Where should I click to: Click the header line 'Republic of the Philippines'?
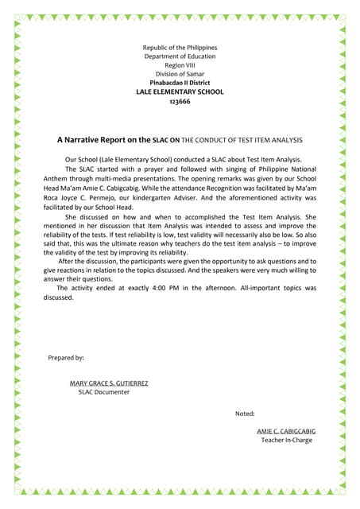(180, 48)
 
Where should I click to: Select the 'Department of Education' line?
(180, 56)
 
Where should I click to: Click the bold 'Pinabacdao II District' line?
(180, 83)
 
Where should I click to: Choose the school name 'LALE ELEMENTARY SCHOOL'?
(180, 92)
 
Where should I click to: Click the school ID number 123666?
(180, 102)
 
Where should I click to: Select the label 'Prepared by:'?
(67, 358)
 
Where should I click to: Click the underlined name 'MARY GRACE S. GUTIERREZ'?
(109, 383)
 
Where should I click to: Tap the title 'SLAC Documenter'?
(103, 392)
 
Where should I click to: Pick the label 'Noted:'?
(245, 414)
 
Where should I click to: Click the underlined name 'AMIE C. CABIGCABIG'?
(286, 431)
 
